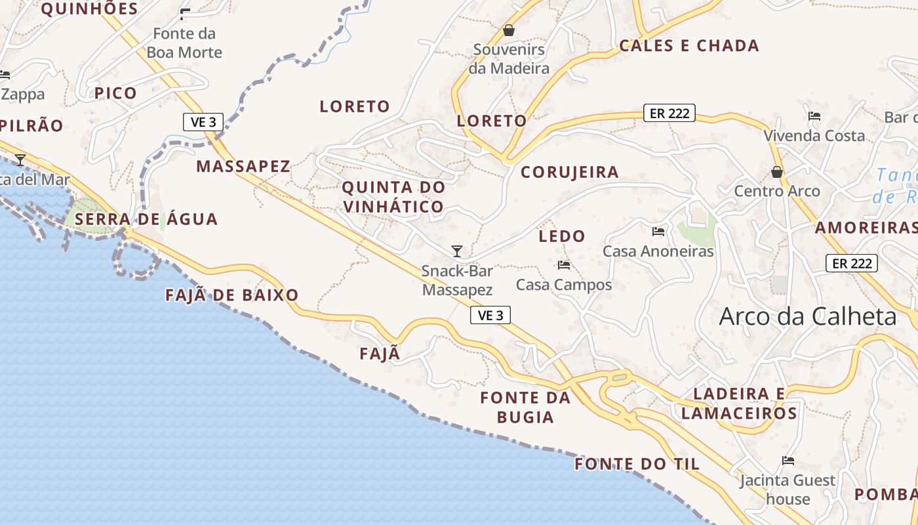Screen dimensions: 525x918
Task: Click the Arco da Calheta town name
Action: click(x=807, y=317)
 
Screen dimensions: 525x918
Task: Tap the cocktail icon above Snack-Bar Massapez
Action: click(x=457, y=251)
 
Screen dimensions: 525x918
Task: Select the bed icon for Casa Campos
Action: click(x=563, y=265)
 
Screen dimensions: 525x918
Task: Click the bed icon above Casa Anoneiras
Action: click(x=658, y=231)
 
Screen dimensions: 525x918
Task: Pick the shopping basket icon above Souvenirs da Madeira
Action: click(x=509, y=30)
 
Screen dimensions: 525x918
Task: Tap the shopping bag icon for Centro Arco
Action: click(x=777, y=172)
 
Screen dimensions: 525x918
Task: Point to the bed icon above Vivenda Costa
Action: click(x=814, y=116)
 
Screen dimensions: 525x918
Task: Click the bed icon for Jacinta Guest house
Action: click(x=788, y=461)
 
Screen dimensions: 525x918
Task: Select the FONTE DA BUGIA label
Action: click(x=525, y=407)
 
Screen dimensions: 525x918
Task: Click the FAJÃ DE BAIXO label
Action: click(x=232, y=295)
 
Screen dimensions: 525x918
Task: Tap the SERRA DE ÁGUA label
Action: click(x=146, y=219)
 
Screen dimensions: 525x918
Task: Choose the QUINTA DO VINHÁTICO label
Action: click(x=393, y=197)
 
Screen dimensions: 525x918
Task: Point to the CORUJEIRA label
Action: click(x=570, y=173)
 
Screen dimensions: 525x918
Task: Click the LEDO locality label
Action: click(x=562, y=236)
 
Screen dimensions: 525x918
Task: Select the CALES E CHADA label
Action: click(x=689, y=46)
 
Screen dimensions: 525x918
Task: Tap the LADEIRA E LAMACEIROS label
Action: click(x=739, y=404)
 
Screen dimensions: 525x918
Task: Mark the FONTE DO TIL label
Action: click(x=637, y=465)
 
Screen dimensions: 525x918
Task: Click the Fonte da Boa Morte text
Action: click(x=184, y=43)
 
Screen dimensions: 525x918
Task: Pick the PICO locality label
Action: click(x=115, y=93)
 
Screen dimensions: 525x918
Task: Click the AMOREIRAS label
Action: click(x=866, y=228)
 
